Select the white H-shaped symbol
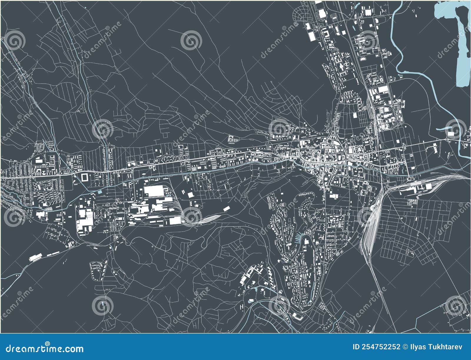point(242,307)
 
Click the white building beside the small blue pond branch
point(451,134)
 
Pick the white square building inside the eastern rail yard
point(428,186)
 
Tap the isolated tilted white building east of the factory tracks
point(226,208)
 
